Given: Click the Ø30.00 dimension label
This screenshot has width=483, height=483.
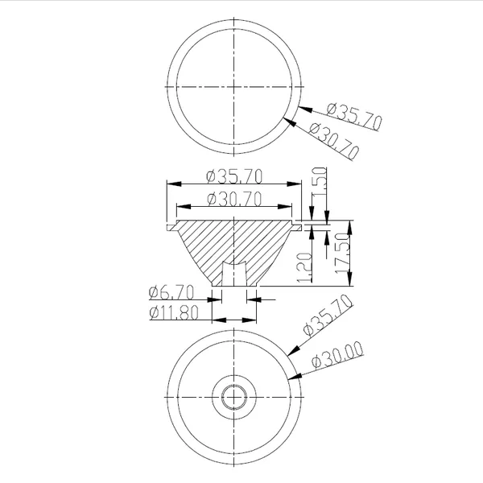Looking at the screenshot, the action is pyautogui.click(x=337, y=355).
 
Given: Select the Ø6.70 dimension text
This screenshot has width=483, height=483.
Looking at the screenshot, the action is pyautogui.click(x=171, y=292).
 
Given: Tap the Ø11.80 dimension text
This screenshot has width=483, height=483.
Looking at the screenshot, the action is pyautogui.click(x=174, y=313).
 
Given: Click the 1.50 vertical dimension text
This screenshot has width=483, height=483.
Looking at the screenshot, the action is pyautogui.click(x=319, y=181).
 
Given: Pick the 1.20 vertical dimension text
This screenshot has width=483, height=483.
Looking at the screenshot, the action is pyautogui.click(x=304, y=267).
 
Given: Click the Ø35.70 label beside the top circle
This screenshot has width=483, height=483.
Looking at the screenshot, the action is pyautogui.click(x=354, y=117).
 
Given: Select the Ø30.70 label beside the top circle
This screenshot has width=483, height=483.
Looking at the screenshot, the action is pyautogui.click(x=334, y=141).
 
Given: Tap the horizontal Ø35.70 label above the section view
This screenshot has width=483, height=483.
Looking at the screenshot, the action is pyautogui.click(x=234, y=176).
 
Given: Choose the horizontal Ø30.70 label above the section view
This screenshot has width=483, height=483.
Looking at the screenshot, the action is pyautogui.click(x=234, y=199).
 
